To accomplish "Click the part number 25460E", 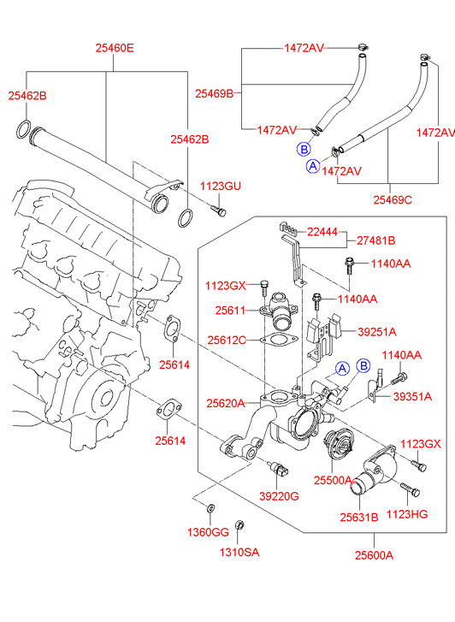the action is tap(115, 49).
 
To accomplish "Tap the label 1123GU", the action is tap(220, 186).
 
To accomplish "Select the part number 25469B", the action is tap(214, 93).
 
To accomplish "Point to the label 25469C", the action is tap(393, 200).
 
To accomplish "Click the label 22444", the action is tap(322, 232).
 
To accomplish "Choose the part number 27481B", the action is tap(375, 240).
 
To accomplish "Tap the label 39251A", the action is tap(377, 332).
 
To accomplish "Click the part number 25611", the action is tap(230, 311).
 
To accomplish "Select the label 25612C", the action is tap(227, 341).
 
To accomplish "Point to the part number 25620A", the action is tap(225, 404).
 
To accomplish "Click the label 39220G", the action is tap(279, 496).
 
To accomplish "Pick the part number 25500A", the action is tap(333, 480).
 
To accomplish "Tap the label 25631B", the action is tap(359, 518).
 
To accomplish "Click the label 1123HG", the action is tap(407, 514).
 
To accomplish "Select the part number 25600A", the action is tap(374, 555).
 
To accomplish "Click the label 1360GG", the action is tap(208, 532).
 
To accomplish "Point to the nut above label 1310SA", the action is tap(239, 524).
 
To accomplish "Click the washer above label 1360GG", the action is tap(210, 507).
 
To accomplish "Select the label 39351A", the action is tap(412, 397).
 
